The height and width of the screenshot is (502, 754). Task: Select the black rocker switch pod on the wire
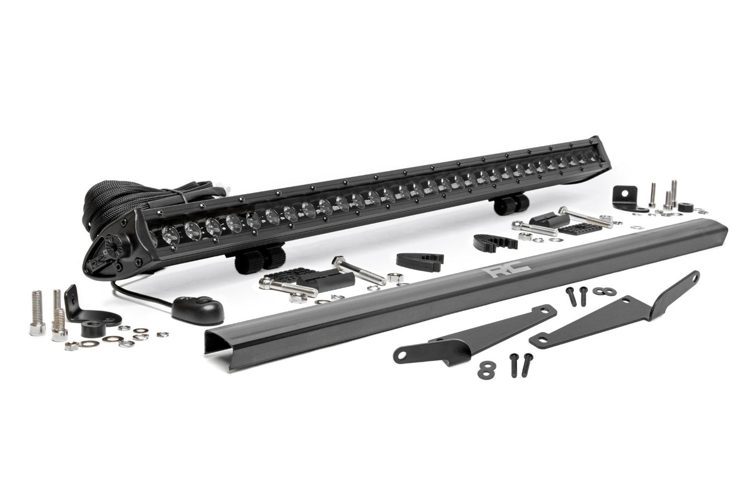click(198, 307)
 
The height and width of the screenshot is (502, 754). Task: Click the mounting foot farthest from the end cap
click(512, 204)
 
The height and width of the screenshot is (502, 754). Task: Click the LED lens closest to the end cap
click(170, 234)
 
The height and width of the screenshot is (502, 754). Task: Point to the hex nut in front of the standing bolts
click(71, 346)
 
